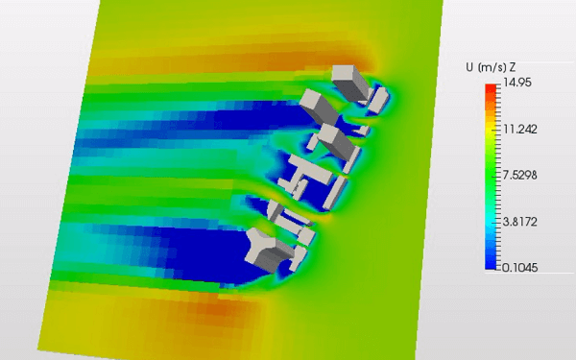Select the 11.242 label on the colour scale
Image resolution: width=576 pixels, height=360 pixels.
520,129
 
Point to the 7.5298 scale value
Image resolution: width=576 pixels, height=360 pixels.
520,175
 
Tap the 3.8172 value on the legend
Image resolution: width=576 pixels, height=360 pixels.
520,222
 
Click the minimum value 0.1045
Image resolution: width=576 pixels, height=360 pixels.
520,267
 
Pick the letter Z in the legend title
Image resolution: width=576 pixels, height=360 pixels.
513,67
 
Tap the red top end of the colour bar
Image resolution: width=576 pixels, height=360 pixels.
491,88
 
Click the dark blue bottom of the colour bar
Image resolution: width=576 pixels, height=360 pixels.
491,264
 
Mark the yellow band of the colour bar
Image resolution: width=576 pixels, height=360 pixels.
491,130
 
